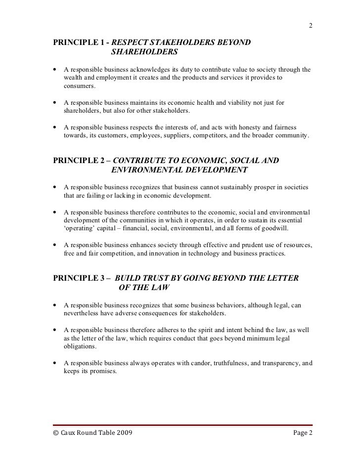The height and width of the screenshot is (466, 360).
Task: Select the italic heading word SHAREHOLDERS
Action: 144,53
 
